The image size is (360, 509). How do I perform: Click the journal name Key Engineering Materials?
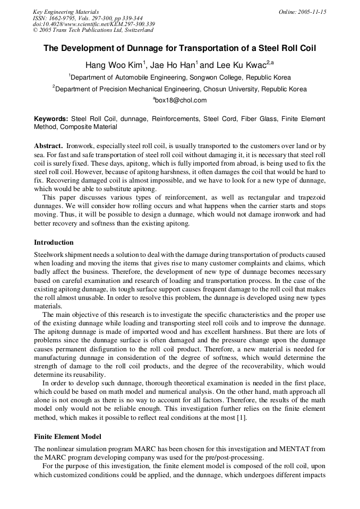pyautogui.click(x=66, y=12)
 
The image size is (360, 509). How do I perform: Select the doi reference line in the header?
pyautogui.click(x=94, y=24)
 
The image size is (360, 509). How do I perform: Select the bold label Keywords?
pyautogui.click(x=51, y=119)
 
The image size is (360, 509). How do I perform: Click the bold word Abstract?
pyautogui.click(x=48, y=145)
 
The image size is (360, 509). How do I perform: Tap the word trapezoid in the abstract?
pyautogui.click(x=309, y=198)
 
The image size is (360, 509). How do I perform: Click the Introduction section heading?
pyautogui.click(x=54, y=243)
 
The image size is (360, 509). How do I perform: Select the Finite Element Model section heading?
pyautogui.click(x=67, y=437)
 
